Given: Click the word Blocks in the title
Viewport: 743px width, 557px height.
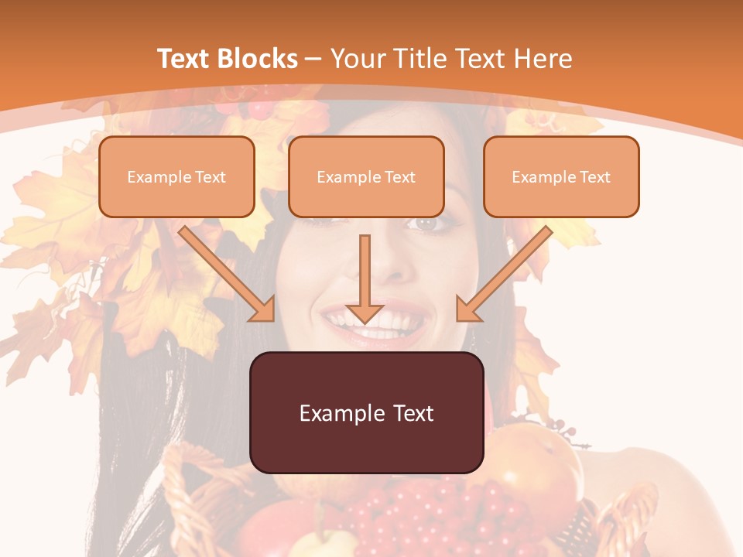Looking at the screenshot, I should (x=256, y=59).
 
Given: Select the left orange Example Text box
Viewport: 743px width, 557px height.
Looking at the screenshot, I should (x=176, y=176).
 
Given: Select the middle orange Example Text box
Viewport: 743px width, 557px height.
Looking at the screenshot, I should (x=366, y=176).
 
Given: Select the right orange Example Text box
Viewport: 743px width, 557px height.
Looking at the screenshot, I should (x=561, y=176).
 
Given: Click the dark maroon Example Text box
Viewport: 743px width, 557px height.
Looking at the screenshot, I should (x=366, y=412).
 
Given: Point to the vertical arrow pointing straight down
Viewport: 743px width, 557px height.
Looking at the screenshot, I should (x=365, y=278).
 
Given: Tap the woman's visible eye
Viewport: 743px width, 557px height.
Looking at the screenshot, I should (x=426, y=224).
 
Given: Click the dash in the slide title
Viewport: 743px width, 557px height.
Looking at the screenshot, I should (x=313, y=59).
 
